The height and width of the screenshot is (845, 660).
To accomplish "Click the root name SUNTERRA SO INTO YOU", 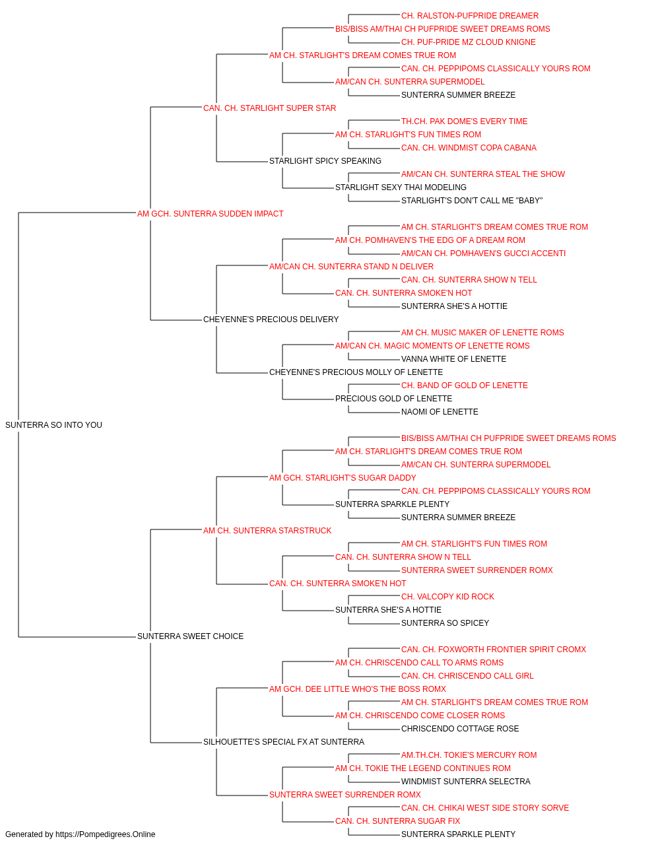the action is click(x=53, y=425).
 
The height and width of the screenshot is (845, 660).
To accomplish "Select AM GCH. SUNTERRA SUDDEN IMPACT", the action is click(x=211, y=214).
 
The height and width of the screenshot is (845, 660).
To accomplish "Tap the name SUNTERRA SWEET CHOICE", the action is click(x=191, y=636).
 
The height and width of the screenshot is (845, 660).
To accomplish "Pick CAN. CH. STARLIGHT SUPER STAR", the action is click(x=270, y=108).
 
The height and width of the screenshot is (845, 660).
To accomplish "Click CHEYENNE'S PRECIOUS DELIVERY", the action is click(x=271, y=320).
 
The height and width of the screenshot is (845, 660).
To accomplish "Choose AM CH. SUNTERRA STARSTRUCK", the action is click(x=267, y=531).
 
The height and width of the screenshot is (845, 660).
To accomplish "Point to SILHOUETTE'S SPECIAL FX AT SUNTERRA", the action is click(x=284, y=742).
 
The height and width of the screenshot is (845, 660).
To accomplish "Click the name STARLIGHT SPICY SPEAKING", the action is click(x=325, y=161).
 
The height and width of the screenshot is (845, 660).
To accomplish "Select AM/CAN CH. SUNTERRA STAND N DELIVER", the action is click(x=351, y=267).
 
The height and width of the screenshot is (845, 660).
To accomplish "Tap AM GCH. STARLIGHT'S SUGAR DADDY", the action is click(x=343, y=478).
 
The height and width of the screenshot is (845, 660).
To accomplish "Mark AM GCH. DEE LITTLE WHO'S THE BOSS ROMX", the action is click(x=358, y=689).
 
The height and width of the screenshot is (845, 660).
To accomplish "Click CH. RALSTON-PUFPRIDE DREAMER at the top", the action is click(x=470, y=16).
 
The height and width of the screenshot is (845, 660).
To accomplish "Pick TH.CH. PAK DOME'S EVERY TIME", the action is click(x=465, y=121).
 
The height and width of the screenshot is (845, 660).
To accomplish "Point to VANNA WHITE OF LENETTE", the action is click(x=453, y=359).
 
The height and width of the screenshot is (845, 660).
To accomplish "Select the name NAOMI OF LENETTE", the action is click(x=440, y=412).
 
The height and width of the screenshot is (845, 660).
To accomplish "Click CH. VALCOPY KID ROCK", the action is click(x=447, y=597).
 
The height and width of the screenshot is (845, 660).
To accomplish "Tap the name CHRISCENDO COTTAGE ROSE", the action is click(x=460, y=729).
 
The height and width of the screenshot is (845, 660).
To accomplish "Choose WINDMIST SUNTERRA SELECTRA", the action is click(x=466, y=782).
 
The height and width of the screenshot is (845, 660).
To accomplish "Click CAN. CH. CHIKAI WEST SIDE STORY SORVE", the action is click(x=485, y=808).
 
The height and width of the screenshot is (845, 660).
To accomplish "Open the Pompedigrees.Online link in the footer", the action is click(x=106, y=834).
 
